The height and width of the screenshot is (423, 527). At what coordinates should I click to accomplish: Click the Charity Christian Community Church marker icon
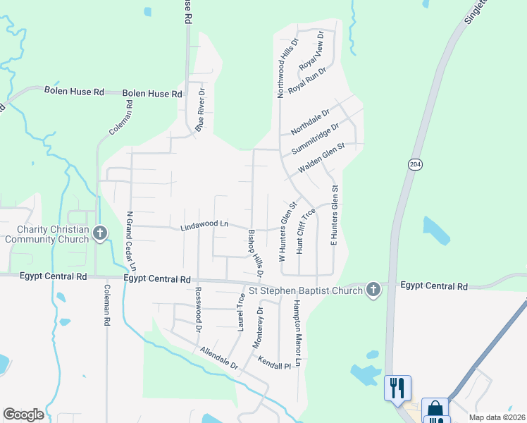tap(99, 233)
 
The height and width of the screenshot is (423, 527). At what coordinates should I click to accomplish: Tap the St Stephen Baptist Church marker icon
tap(373, 289)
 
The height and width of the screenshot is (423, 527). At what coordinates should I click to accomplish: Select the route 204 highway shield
tap(414, 164)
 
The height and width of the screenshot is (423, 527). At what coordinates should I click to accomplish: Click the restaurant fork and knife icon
tap(397, 387)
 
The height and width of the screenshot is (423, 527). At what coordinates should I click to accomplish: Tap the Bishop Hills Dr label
tap(255, 252)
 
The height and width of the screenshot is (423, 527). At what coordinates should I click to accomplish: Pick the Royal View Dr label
tap(311, 51)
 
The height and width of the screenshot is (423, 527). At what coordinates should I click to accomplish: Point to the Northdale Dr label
tap(310, 121)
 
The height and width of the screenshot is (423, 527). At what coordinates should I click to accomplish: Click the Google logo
tap(23, 415)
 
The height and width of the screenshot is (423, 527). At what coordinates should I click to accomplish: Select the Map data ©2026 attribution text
tap(496, 417)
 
